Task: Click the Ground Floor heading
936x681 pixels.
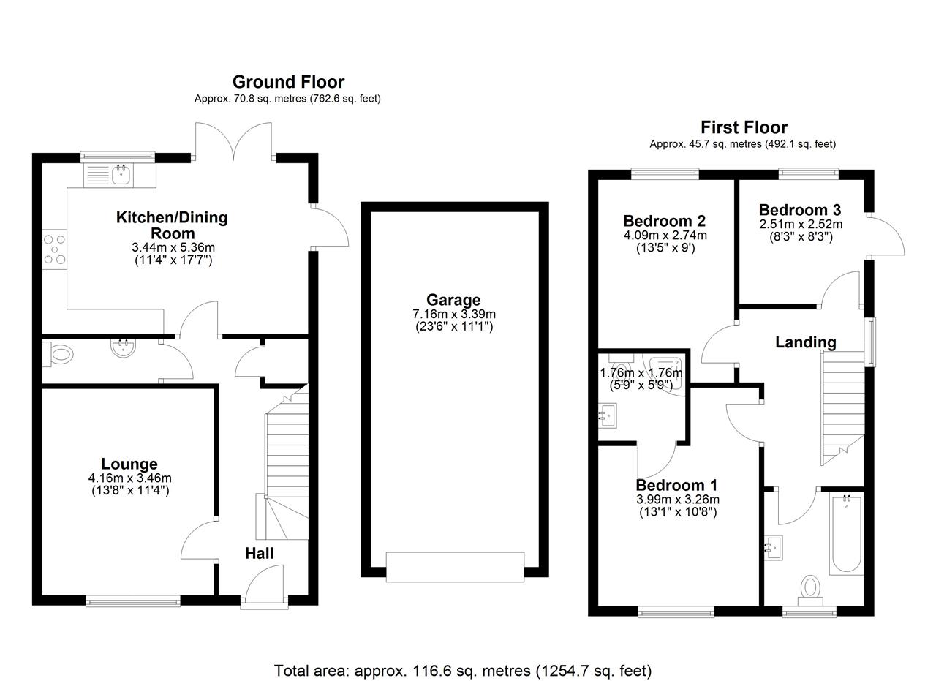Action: tap(288, 83)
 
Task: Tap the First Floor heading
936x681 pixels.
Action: tap(744, 127)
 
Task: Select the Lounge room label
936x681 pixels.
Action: tap(129, 464)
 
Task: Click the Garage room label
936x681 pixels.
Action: tap(453, 300)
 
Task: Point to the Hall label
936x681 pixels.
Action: tap(260, 554)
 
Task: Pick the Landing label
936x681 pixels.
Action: tap(806, 342)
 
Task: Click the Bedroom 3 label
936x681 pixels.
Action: tap(800, 210)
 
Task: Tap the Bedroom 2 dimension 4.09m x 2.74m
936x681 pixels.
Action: tap(665, 235)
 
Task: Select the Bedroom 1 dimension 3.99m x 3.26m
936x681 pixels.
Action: tap(678, 499)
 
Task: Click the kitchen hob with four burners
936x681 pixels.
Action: tap(55, 249)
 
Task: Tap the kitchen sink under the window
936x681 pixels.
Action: tap(121, 174)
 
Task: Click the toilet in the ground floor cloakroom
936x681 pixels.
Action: tap(58, 355)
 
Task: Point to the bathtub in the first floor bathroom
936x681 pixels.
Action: tap(847, 535)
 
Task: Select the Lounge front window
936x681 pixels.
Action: tap(133, 601)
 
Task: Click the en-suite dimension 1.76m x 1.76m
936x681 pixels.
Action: tap(641, 378)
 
